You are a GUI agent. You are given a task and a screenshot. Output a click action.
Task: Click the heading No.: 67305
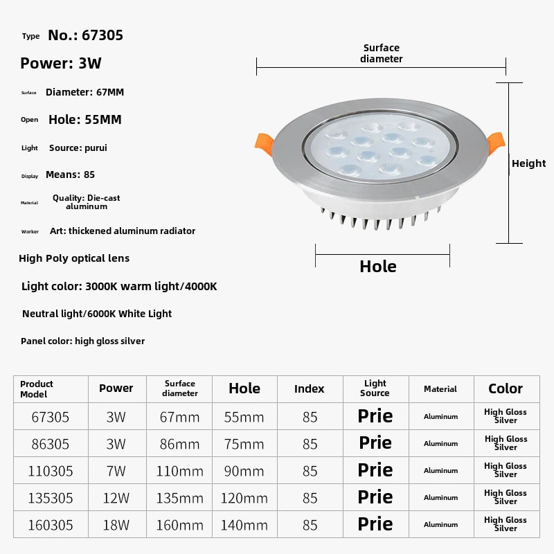85,35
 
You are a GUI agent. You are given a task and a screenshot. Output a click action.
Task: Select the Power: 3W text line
61,64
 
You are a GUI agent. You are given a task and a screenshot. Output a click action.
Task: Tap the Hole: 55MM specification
84,119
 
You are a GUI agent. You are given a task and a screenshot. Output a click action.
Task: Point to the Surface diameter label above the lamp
381,53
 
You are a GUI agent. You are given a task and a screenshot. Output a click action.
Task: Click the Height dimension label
528,163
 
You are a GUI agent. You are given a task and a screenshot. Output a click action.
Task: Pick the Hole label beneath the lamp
378,267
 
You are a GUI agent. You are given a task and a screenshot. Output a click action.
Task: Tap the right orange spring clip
497,143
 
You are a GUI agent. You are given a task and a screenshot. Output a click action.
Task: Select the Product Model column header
37,388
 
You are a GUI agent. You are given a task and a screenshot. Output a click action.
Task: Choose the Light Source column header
375,388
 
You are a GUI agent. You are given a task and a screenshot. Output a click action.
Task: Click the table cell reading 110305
51,471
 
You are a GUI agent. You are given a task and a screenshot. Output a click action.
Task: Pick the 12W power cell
116,498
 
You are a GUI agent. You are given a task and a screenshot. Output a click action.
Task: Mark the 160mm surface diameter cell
180,525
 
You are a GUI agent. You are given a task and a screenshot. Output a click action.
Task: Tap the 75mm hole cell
244,444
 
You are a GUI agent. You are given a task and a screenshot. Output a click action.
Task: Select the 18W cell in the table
116,525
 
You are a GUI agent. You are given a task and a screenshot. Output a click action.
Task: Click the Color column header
506,388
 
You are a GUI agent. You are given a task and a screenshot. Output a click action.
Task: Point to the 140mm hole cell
244,525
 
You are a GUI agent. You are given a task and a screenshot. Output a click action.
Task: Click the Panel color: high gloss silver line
82,341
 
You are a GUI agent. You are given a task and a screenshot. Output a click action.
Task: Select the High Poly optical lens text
74,258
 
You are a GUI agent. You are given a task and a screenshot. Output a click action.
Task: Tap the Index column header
309,388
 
